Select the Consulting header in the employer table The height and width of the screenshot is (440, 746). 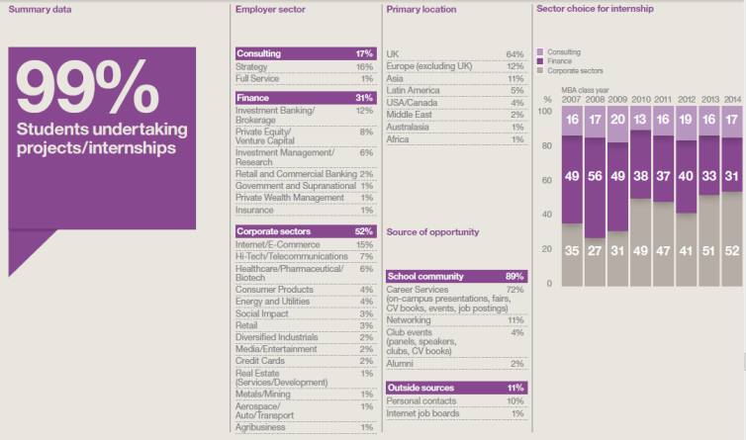pyautogui.click(x=260, y=53)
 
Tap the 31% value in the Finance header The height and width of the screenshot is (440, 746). pyautogui.click(x=363, y=98)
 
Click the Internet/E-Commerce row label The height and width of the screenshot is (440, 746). pyautogui.click(x=276, y=244)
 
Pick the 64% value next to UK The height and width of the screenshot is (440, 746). pyautogui.click(x=513, y=53)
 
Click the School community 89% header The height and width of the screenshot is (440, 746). pyautogui.click(x=454, y=276)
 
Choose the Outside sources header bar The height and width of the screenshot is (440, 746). pyautogui.click(x=454, y=388)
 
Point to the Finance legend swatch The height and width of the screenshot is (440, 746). pyautogui.click(x=539, y=61)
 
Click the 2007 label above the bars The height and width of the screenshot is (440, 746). pyautogui.click(x=571, y=99)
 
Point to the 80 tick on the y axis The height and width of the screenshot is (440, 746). pyautogui.click(x=546, y=148)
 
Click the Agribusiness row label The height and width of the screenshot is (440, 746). pyautogui.click(x=264, y=427)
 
